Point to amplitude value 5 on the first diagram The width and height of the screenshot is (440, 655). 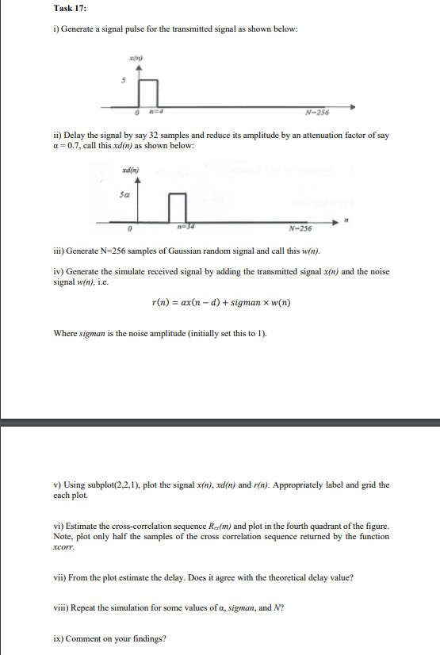click(x=123, y=79)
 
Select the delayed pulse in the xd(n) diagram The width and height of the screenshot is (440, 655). click(x=178, y=207)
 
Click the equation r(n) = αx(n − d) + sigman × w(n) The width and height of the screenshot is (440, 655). click(x=220, y=302)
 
